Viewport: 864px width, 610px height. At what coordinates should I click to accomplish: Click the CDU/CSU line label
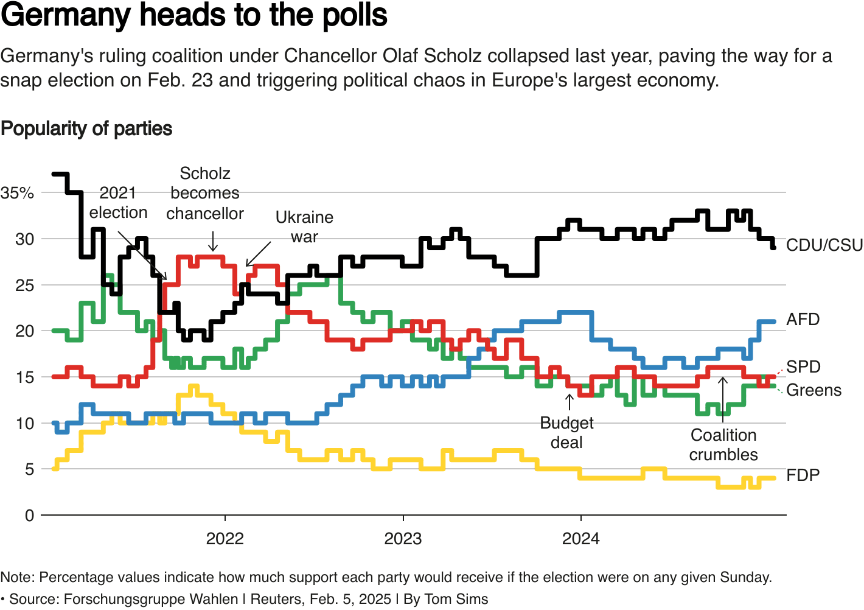click(824, 245)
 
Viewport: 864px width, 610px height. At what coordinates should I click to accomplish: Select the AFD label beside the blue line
click(803, 320)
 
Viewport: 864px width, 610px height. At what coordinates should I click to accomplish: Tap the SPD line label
click(803, 366)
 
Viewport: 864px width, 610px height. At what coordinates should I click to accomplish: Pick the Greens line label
click(813, 390)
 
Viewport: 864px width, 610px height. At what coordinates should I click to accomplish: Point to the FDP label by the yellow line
click(803, 475)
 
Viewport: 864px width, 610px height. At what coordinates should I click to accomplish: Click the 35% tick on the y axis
click(18, 193)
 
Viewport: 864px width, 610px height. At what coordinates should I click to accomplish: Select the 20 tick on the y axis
click(24, 331)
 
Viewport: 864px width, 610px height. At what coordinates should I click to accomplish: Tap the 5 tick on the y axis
click(29, 469)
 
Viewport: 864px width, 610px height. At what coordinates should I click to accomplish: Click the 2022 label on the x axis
click(225, 539)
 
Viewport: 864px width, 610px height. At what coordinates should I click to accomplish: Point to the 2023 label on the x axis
click(403, 539)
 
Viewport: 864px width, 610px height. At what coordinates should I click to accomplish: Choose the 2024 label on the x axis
click(580, 539)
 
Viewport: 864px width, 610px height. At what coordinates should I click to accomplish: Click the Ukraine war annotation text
click(304, 226)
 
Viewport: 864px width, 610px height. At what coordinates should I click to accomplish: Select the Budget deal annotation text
click(566, 433)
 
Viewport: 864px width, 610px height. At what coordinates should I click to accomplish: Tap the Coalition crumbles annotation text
click(723, 445)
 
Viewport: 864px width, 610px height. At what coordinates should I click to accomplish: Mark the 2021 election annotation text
click(118, 203)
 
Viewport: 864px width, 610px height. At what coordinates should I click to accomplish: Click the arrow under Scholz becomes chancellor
click(213, 242)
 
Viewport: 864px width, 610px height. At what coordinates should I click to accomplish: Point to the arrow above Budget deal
click(570, 402)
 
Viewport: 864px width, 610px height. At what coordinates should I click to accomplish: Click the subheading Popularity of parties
click(86, 129)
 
